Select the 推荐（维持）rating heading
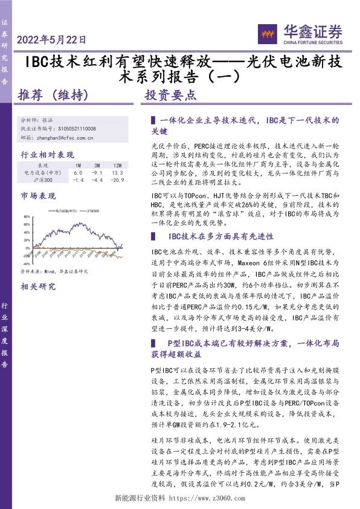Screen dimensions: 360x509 point(54,95)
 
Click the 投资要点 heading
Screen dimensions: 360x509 point(172,95)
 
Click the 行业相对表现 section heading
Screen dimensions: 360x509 point(47,154)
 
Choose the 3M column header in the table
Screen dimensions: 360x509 point(97,165)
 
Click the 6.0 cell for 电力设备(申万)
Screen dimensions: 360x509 point(78,172)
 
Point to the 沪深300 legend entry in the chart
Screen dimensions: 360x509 point(92,210)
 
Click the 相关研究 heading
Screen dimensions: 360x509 point(38,287)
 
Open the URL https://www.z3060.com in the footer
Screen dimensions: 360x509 point(205,499)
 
